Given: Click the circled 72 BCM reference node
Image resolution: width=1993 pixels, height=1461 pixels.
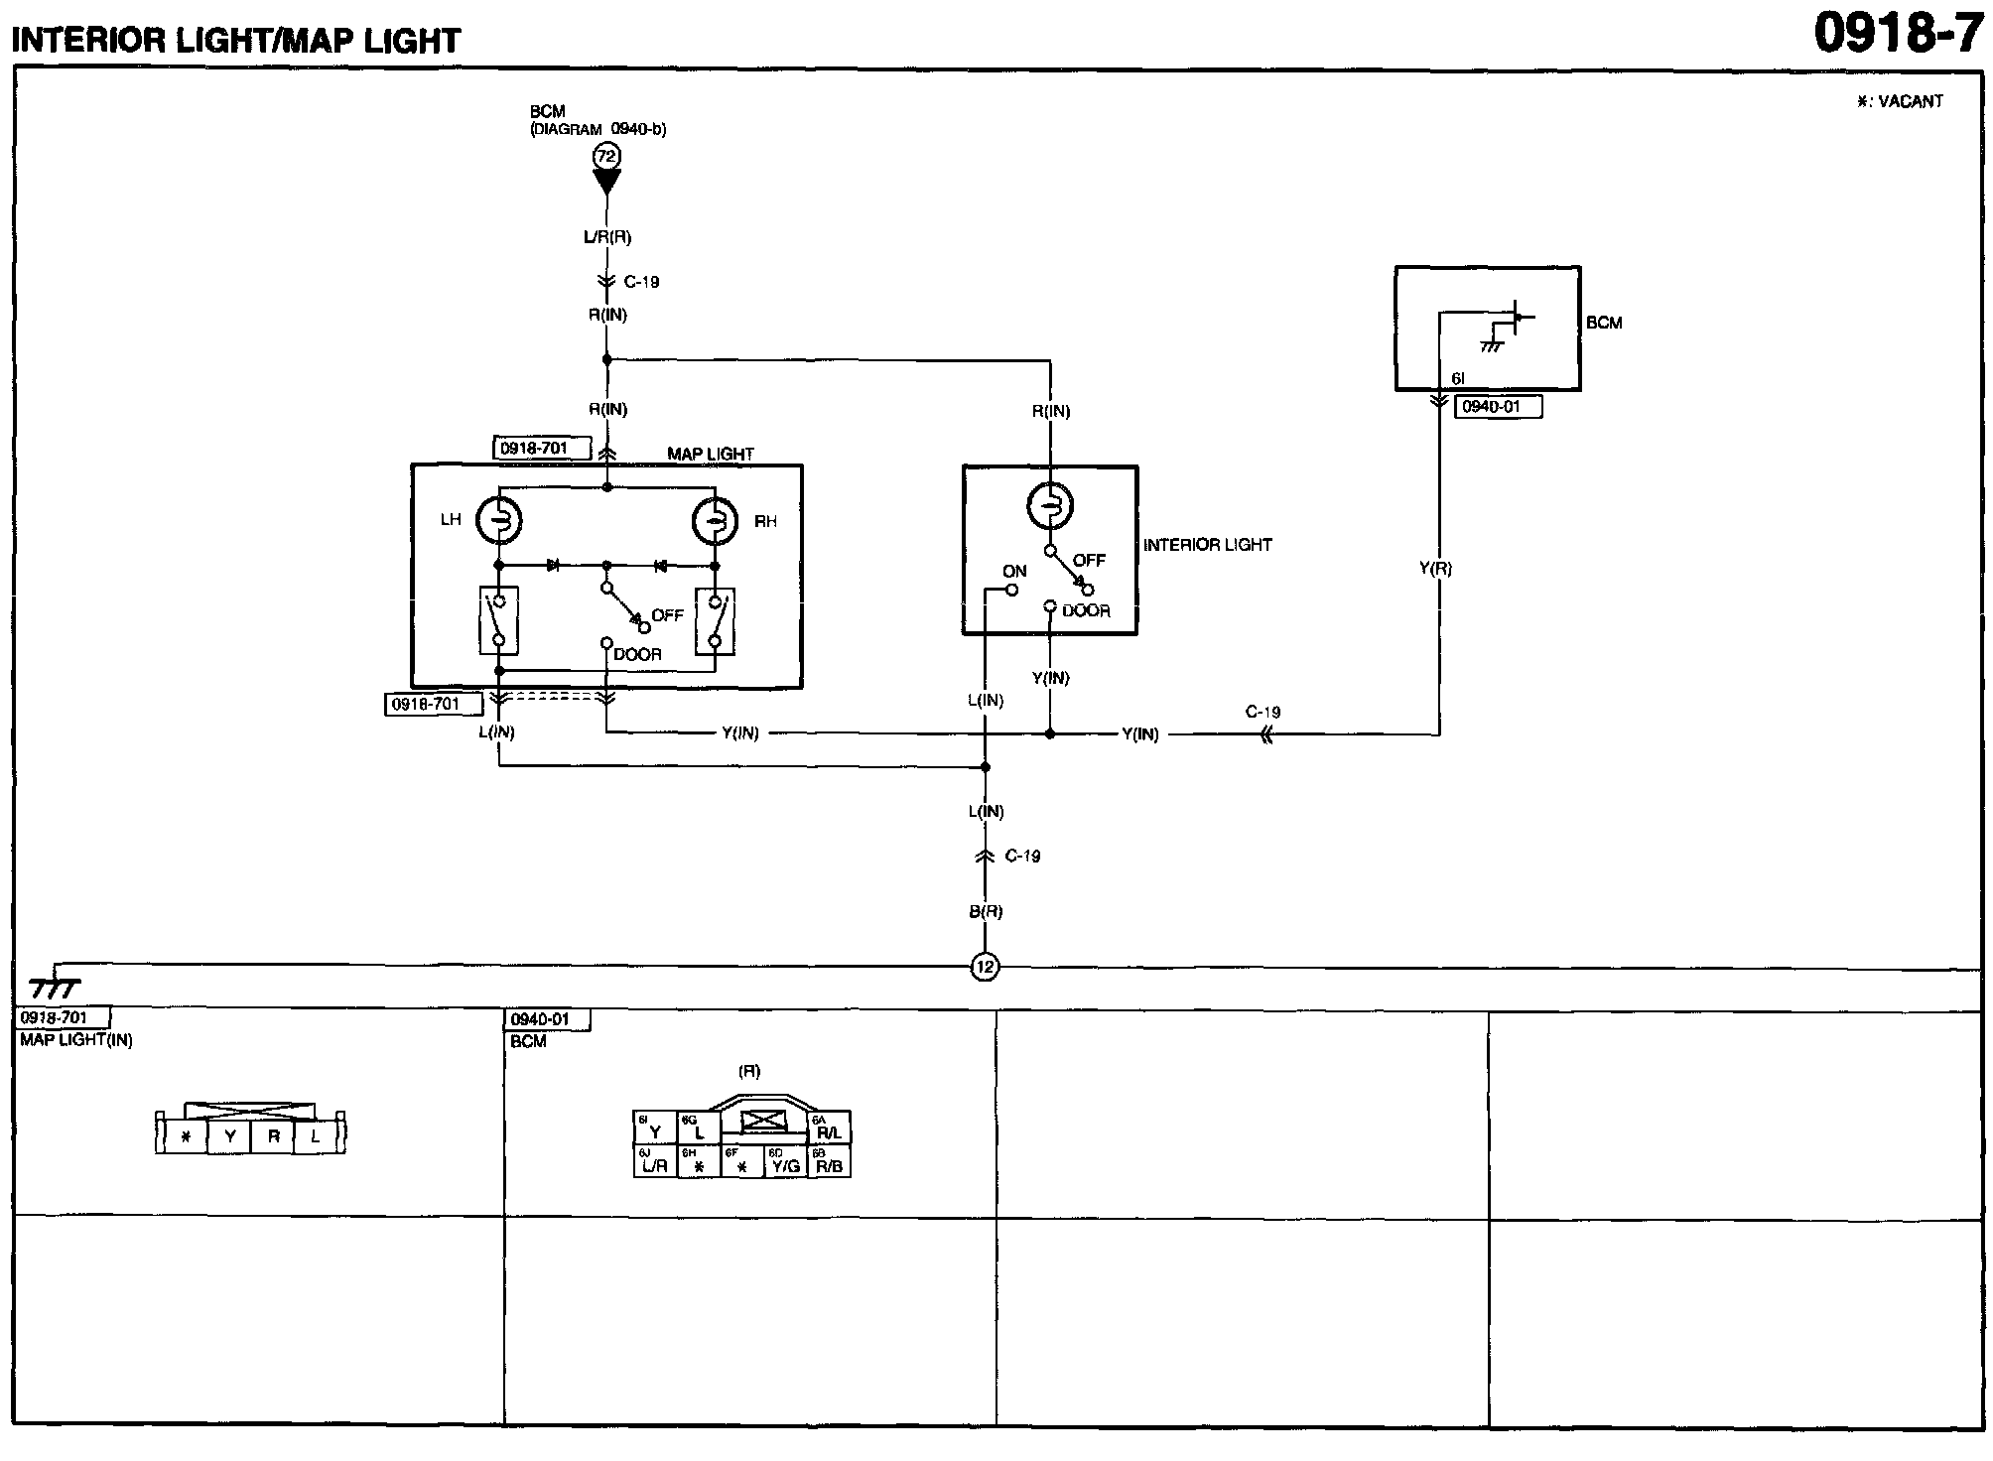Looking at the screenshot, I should click(606, 157).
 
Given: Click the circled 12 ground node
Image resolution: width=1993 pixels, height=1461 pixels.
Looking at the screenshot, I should click(985, 967).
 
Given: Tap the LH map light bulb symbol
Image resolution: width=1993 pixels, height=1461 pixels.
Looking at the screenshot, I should click(498, 520).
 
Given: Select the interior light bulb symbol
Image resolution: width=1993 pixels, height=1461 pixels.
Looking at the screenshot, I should click(1050, 506).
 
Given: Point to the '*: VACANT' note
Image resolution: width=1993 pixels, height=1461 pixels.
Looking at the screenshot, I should click(1900, 101).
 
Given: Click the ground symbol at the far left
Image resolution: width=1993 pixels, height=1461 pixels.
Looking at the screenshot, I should click(54, 987).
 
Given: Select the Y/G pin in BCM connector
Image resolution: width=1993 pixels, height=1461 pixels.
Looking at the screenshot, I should click(785, 1164).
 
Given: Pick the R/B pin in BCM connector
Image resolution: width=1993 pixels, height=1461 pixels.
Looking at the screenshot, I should click(829, 1164).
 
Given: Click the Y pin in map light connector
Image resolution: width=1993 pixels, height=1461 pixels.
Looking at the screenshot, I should click(229, 1136).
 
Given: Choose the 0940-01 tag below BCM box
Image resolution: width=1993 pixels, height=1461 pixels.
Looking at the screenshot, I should click(1498, 407).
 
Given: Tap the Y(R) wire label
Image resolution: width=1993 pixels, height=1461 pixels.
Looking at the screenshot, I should click(1435, 569).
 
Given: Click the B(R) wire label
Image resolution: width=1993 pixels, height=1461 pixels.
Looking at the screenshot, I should click(986, 911).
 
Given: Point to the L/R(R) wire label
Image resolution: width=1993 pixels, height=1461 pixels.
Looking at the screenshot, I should click(606, 237).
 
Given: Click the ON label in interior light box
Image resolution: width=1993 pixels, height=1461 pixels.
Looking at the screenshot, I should click(1014, 571).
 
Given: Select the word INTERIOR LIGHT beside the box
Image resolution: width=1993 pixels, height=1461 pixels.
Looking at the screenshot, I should click(1207, 545).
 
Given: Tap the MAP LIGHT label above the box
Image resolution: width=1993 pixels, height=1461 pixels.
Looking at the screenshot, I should click(710, 454).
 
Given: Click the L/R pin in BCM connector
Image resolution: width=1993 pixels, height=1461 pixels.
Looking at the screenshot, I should click(654, 1164).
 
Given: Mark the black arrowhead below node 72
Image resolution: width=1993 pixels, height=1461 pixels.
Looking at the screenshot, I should click(606, 182).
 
